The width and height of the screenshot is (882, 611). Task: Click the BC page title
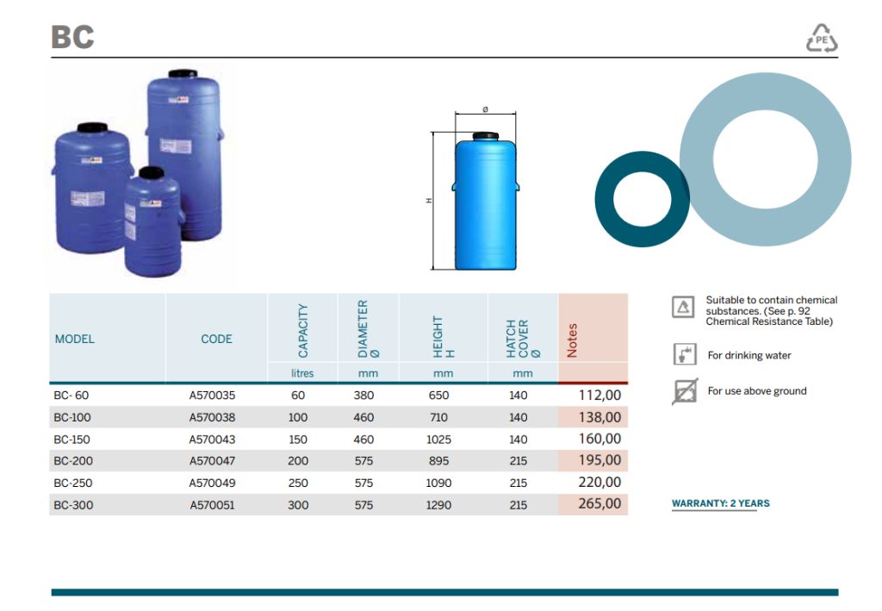click(x=72, y=37)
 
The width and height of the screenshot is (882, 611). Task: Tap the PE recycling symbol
click(x=821, y=39)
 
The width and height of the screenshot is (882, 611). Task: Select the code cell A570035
click(x=212, y=396)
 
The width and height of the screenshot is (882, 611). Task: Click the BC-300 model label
click(x=72, y=505)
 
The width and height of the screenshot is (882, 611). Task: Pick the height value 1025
click(x=438, y=440)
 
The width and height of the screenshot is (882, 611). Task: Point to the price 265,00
click(x=599, y=503)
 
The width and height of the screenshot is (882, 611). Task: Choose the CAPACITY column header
click(x=303, y=331)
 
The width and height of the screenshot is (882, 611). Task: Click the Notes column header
click(x=573, y=340)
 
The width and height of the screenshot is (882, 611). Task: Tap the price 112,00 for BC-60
click(x=599, y=395)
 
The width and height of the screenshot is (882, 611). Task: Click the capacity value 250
click(x=298, y=483)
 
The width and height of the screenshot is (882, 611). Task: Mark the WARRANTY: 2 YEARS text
click(x=720, y=503)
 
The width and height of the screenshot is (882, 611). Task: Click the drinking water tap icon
click(x=683, y=353)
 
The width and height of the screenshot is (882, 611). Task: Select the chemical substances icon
click(x=683, y=306)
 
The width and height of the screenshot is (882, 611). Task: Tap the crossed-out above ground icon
click(x=684, y=391)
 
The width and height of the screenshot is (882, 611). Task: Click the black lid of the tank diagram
click(x=486, y=134)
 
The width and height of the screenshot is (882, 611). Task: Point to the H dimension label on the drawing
click(x=428, y=202)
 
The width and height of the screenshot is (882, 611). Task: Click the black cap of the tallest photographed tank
click(x=183, y=75)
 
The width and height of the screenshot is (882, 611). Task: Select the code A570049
click(x=212, y=483)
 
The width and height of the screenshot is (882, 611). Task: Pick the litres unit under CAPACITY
click(x=302, y=373)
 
